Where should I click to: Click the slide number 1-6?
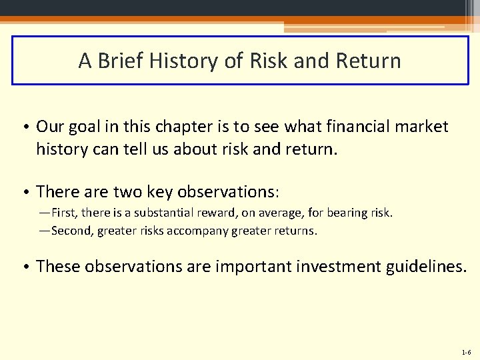pyautogui.click(x=465, y=351)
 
